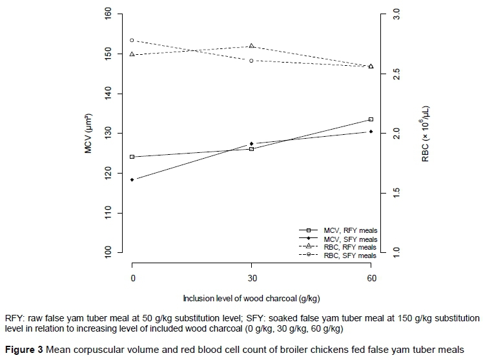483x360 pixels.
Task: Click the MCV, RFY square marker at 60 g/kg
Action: tap(371, 119)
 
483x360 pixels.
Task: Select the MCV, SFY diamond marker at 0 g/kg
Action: tap(132, 179)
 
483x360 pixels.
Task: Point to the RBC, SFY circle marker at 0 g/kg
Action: tap(132, 40)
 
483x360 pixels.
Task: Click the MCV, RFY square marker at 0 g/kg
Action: tap(132, 157)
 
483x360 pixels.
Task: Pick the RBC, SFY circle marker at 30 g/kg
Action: tap(251, 61)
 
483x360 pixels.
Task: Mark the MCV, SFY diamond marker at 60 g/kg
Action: tap(371, 132)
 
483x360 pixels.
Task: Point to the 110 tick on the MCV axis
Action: tap(107, 213)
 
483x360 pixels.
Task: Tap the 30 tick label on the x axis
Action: tap(251, 278)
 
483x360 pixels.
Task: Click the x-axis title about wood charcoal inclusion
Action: tap(251, 298)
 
